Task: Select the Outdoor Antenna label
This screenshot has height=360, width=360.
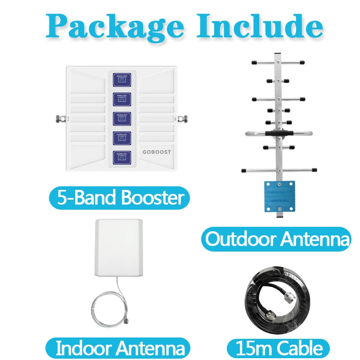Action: tap(275, 238)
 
